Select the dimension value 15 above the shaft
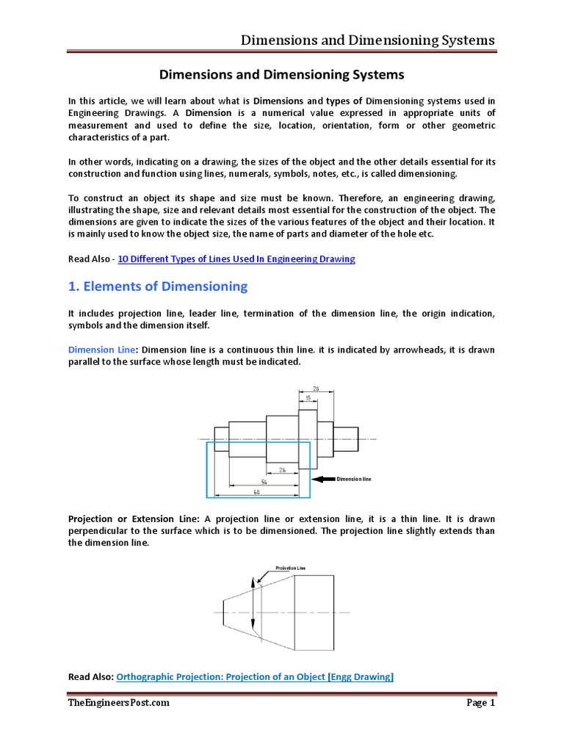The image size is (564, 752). tap(308, 397)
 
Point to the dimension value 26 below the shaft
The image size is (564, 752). tap(282, 469)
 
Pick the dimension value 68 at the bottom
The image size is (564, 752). tap(256, 492)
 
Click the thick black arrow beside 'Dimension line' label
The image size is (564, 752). tap(324, 479)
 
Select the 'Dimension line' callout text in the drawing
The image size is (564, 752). tap(354, 479)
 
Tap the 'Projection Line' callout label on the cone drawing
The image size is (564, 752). tap(290, 568)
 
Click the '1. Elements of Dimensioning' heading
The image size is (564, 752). tap(158, 286)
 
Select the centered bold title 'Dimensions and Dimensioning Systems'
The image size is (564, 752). tap(282, 75)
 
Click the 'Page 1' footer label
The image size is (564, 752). tap(481, 703)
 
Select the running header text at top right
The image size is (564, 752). tap(368, 40)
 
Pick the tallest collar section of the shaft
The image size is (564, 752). tap(307, 438)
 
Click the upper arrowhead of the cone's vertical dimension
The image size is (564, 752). tap(252, 581)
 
